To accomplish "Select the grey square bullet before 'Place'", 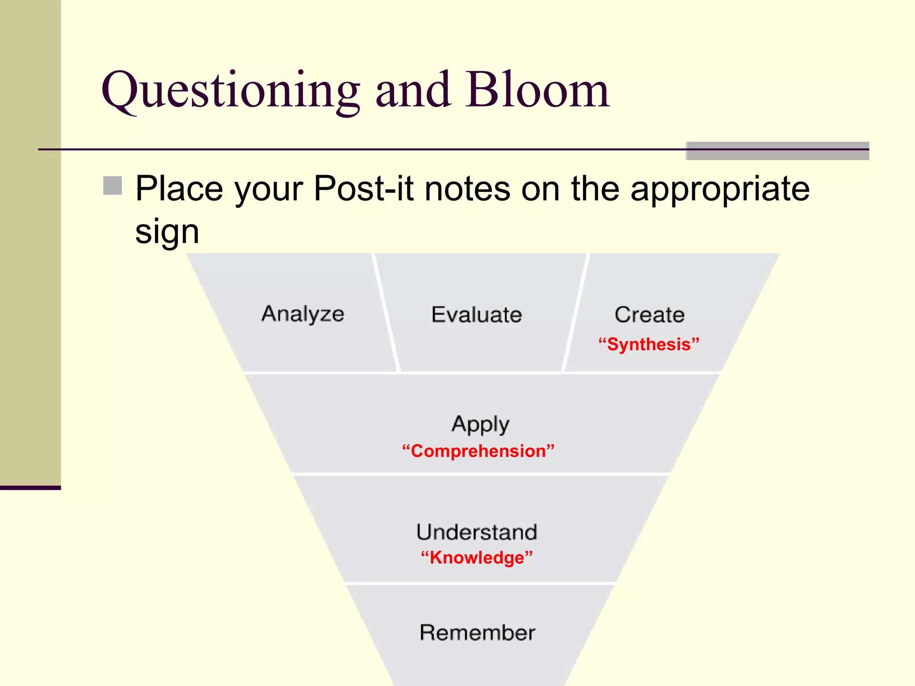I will click(113, 186).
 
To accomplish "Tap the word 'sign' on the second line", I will click(167, 233).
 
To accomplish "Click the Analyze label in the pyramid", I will click(303, 314).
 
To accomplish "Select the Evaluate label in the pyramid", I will click(477, 315).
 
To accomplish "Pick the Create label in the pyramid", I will click(649, 315).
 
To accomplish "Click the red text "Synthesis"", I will click(649, 344).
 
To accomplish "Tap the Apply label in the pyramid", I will click(480, 424).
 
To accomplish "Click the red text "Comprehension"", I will click(478, 451).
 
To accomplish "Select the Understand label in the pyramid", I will click(477, 532).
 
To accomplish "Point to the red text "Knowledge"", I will click(477, 558).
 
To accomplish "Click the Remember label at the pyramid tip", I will click(477, 633).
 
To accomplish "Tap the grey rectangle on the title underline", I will click(777, 151).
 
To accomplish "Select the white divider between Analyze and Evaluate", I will click(385, 313).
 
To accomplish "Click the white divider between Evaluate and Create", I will click(575, 313).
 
